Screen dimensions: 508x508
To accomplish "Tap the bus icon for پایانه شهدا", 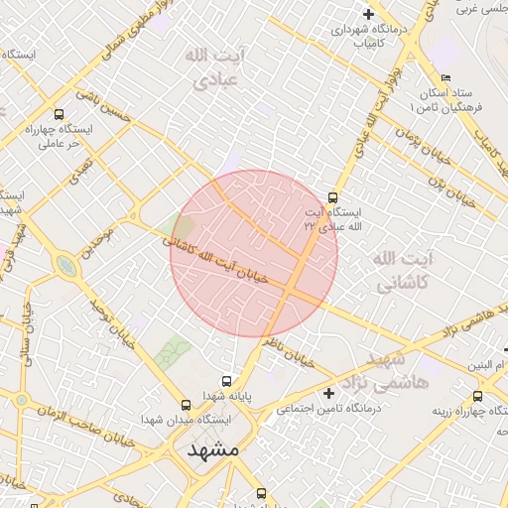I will [227, 381].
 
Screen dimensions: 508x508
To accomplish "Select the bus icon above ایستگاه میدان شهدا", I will [186, 405].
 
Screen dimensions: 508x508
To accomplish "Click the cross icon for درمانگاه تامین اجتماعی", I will [329, 393].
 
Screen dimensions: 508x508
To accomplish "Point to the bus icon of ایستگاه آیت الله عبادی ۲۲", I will [332, 196].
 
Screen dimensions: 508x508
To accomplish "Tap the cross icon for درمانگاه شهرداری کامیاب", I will [369, 15].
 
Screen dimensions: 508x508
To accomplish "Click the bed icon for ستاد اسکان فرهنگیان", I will [446, 78].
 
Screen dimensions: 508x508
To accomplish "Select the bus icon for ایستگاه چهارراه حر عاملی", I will [59, 114].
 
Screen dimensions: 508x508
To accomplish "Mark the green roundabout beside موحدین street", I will [66, 266].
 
